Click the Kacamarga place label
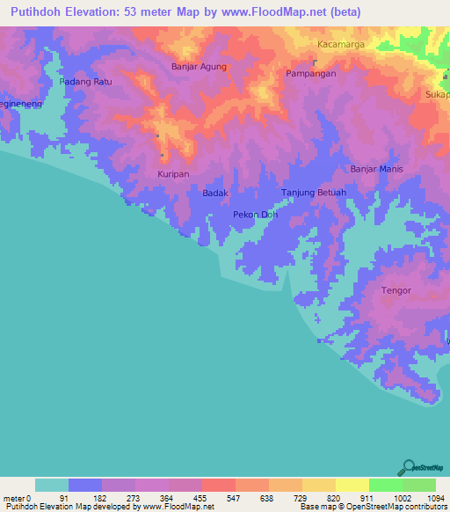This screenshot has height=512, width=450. pyautogui.click(x=341, y=43)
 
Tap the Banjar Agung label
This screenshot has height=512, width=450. pyautogui.click(x=199, y=66)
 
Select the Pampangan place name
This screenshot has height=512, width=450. pyautogui.click(x=310, y=74)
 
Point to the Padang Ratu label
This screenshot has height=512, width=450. pyautogui.click(x=85, y=82)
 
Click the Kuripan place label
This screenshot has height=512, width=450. pyautogui.click(x=173, y=174)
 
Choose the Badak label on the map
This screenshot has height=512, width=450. pyautogui.click(x=215, y=193)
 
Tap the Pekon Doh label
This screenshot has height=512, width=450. pyautogui.click(x=256, y=214)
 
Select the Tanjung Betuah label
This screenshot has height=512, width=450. pyautogui.click(x=313, y=193)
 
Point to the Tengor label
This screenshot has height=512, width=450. pyautogui.click(x=396, y=289)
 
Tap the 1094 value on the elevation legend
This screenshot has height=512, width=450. pyautogui.click(x=436, y=497)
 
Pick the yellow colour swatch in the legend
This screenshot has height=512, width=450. pyautogui.click(x=352, y=485)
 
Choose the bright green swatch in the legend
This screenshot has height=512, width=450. pyautogui.click(x=385, y=485)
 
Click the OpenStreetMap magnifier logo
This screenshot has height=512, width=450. pyautogui.click(x=407, y=468)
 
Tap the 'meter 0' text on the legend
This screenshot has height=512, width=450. pyautogui.click(x=17, y=497)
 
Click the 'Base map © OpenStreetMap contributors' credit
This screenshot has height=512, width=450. pyautogui.click(x=373, y=507)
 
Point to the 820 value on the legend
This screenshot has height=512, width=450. pyautogui.click(x=336, y=497)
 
